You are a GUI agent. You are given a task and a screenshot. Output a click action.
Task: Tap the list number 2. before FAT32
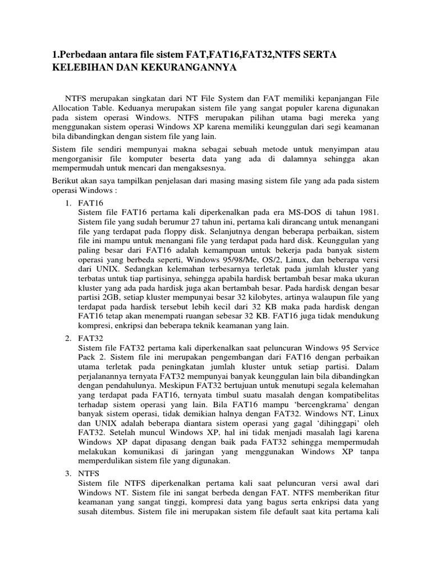click(68, 339)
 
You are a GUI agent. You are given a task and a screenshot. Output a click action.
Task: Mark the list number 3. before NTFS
click(68, 474)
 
